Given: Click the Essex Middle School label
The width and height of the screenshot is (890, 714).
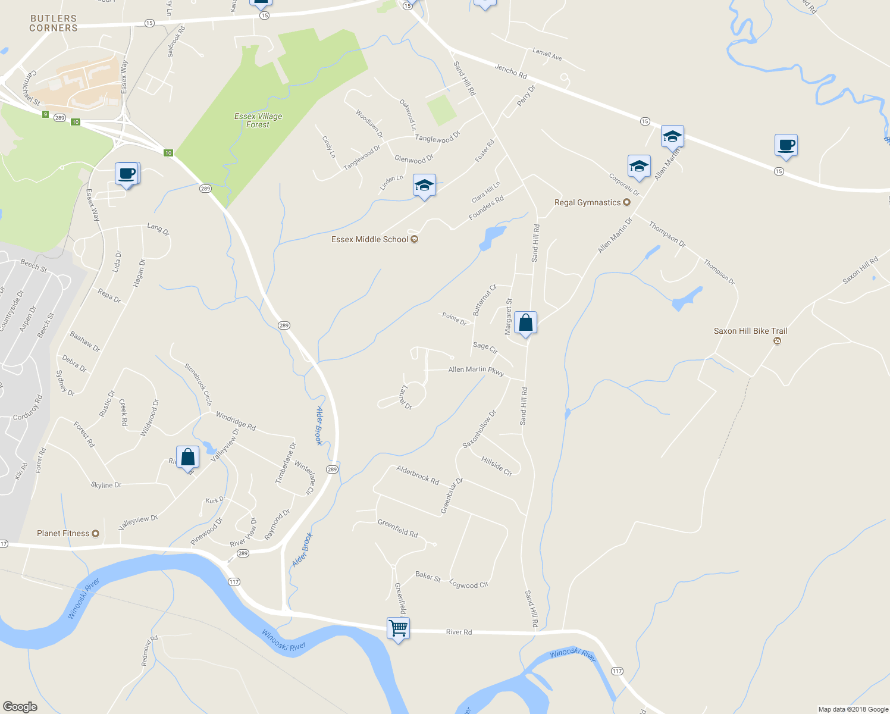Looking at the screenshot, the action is (370, 239).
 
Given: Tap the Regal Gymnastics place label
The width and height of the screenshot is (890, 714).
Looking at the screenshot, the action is (588, 203).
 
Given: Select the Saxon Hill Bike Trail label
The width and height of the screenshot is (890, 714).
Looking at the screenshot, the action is (750, 331).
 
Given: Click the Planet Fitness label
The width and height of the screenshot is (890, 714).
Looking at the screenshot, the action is (63, 534).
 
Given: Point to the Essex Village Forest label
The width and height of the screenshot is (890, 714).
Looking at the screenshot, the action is (258, 120).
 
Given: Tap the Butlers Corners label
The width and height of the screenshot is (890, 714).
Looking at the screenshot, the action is (54, 23).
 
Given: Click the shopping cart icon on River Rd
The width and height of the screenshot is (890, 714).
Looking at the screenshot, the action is (398, 628).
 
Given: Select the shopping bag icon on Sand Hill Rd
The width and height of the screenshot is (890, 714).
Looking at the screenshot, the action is (526, 322).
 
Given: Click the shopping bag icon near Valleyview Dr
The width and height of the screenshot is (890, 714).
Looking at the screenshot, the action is (187, 457).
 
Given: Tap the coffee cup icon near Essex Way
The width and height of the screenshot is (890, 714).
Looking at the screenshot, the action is (127, 174).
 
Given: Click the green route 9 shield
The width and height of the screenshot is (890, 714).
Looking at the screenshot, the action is (45, 114).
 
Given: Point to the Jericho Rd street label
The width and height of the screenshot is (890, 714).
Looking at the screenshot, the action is (510, 71).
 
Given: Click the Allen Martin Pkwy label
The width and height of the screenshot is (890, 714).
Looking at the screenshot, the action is (476, 370).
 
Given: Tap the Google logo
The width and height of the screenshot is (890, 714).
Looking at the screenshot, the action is (20, 706).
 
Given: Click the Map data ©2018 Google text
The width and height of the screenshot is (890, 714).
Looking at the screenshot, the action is (853, 709).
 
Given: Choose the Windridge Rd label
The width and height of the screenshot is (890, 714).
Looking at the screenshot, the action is (236, 421).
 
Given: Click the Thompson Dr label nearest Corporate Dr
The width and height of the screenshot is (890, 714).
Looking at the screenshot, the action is (667, 234).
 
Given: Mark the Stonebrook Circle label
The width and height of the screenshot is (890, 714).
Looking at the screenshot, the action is (198, 384).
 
